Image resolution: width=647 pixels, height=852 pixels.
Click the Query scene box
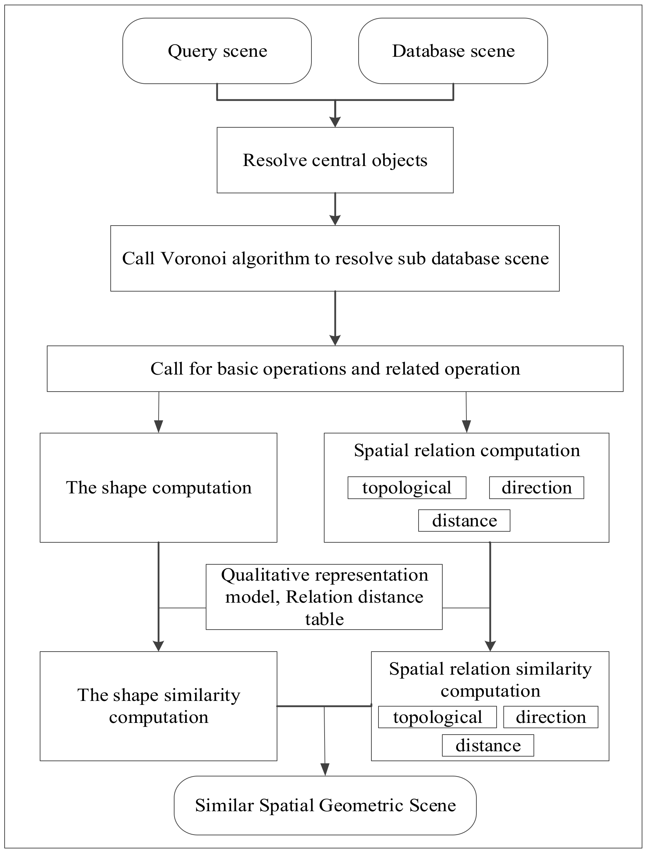click(217, 51)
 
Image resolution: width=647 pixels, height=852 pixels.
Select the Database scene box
click(453, 51)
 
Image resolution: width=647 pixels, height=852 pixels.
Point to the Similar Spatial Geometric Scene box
click(325, 806)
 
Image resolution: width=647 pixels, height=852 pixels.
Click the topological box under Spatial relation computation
click(407, 488)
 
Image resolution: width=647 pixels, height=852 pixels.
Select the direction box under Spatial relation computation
click(536, 488)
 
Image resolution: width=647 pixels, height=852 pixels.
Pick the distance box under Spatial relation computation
click(464, 521)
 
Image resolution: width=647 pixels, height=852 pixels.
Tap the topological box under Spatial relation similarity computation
click(437, 717)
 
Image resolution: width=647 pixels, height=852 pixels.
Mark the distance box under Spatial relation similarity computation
click(488, 746)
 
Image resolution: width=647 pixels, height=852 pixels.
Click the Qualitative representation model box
click(324, 597)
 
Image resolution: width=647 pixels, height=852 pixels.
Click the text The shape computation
click(159, 488)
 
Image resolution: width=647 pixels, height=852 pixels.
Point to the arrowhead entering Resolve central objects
click(335, 122)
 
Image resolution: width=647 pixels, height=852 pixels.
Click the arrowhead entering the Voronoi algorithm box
click(335, 220)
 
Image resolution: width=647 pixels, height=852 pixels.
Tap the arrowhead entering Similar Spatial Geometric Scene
click(325, 770)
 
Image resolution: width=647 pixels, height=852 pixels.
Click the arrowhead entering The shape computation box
click(158, 427)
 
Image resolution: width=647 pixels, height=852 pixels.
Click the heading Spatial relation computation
click(466, 450)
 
